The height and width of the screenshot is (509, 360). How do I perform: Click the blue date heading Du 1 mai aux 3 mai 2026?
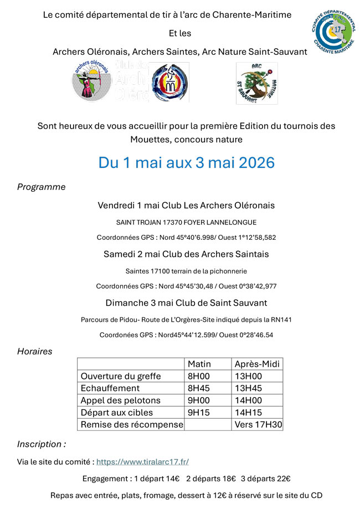(187, 163)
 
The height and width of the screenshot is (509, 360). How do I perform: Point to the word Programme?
(41, 187)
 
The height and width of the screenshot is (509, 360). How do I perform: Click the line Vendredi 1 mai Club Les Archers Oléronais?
(186, 205)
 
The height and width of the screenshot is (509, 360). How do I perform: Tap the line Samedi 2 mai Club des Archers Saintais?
(186, 254)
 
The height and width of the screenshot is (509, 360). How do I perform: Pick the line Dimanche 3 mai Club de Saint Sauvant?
(186, 303)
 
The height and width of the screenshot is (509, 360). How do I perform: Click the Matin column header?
(199, 364)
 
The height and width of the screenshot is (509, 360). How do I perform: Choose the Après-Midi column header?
(258, 364)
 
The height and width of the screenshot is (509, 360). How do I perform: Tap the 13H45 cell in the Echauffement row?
(248, 388)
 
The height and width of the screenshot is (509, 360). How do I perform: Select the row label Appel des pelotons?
(120, 400)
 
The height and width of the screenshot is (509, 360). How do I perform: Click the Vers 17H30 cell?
(258, 425)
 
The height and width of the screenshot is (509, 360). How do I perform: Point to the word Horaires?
(34, 351)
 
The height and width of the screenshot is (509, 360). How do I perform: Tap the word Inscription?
(40, 444)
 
